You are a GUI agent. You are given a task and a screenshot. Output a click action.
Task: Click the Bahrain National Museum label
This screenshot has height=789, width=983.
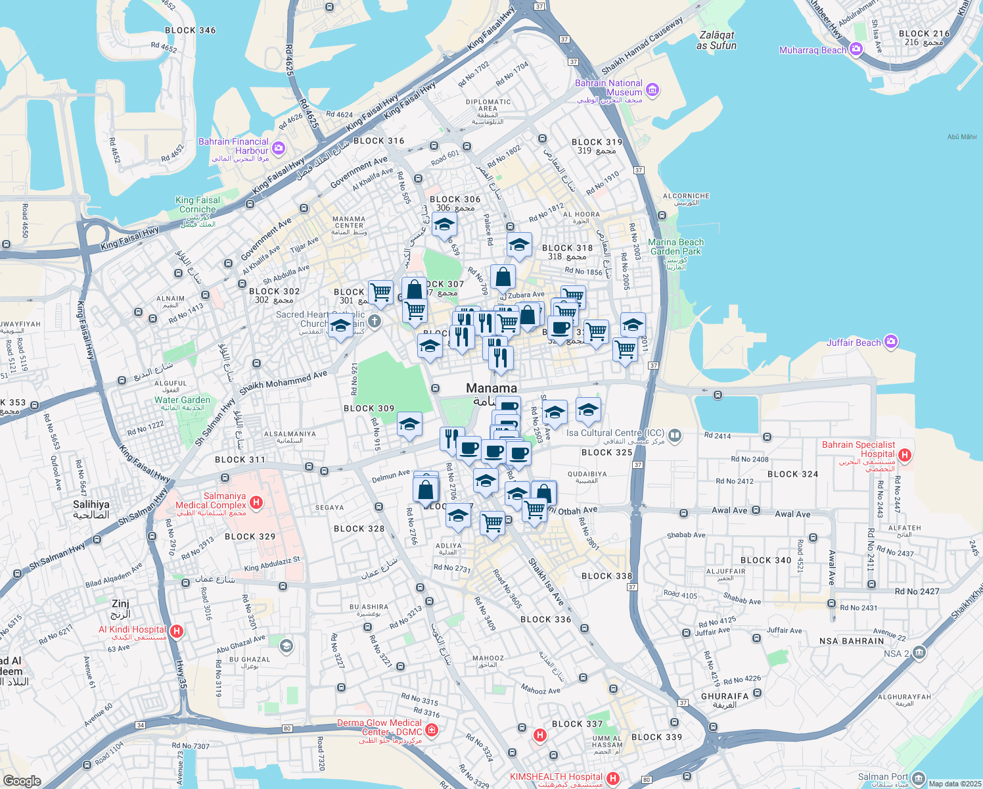coord(608,88)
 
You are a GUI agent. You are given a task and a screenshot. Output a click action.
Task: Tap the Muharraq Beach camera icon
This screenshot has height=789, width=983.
coord(856,49)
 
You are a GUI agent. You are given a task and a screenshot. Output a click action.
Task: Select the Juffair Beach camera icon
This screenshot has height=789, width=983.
coord(891,341)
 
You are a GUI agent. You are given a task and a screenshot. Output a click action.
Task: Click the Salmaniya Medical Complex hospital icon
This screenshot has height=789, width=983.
coord(257,503)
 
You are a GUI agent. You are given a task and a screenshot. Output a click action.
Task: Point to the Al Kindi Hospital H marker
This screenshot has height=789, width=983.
coord(176,631)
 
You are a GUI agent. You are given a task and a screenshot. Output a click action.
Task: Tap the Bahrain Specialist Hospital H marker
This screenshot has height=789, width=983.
coord(905,455)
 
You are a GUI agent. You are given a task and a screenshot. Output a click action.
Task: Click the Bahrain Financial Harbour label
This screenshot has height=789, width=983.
coord(234,146)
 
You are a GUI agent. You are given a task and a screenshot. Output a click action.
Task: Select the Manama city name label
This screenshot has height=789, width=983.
coord(491,388)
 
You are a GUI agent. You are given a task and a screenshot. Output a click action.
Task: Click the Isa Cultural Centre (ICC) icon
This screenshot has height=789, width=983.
coord(674,435)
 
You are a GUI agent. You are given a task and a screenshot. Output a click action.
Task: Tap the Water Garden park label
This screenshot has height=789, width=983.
coord(183,400)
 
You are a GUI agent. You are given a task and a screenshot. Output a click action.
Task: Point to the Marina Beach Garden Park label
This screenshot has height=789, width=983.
coord(675,247)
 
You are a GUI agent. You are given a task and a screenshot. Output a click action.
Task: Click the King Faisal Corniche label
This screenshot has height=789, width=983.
coord(198,204)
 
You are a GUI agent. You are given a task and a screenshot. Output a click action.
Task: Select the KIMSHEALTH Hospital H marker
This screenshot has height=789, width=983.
coord(613,778)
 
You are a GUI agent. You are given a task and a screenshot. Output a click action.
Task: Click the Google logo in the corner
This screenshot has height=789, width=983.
coord(22,780)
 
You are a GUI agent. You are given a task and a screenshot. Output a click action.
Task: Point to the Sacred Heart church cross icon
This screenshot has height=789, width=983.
coord(375,321)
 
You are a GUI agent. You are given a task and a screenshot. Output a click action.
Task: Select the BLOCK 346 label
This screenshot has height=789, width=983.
coord(190,30)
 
